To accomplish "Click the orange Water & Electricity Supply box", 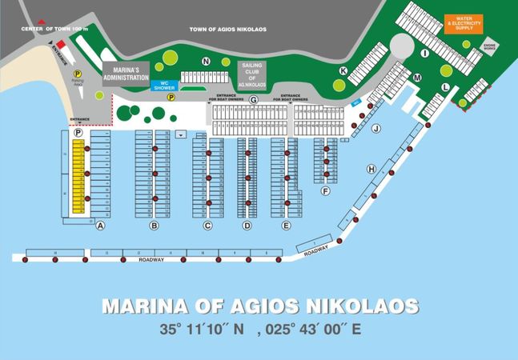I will point(464,23).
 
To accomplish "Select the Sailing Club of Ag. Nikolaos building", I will point(252,73).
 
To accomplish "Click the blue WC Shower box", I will point(163,85).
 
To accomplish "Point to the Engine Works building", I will point(489,48).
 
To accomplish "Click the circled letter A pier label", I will point(101,226).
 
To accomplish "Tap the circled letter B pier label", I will point(155,226).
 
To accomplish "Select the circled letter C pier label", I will point(207,226).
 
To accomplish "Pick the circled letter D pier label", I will point(247,226).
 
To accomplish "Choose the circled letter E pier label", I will point(286,226).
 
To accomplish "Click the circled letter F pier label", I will point(325,192).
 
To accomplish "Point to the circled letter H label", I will point(371,169).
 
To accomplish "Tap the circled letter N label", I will point(206,61).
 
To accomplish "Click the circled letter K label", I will point(343,70).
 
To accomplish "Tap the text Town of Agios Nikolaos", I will point(227,29).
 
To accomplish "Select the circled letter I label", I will point(425,54).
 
